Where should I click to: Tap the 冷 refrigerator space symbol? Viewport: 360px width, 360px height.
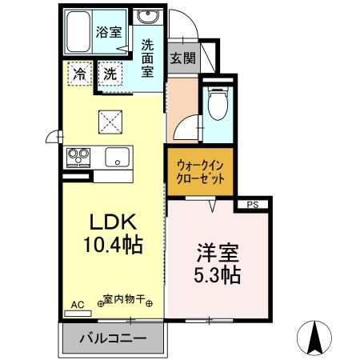point(79,74)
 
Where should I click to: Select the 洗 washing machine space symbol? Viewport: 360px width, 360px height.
point(113,74)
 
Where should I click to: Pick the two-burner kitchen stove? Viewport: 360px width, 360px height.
point(78,155)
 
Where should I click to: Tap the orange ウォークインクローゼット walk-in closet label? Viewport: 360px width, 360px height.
point(200,170)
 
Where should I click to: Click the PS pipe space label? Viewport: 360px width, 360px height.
point(253,205)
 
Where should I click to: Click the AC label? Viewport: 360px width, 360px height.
point(77,304)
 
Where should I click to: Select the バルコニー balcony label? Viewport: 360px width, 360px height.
point(112,338)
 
